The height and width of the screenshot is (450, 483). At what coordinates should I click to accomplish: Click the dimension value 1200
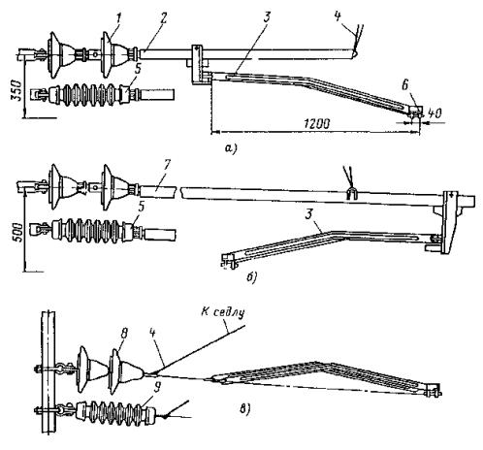(316, 124)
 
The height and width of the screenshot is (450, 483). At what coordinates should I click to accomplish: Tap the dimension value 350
(17, 90)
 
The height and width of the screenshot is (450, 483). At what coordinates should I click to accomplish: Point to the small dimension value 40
(435, 113)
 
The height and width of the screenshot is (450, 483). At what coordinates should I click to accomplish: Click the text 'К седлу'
(223, 313)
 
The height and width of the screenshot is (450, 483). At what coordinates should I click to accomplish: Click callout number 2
(163, 18)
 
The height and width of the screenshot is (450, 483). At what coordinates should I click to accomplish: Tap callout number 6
(405, 85)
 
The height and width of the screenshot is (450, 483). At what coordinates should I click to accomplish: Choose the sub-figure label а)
(231, 147)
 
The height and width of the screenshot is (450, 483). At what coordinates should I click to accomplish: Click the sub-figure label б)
(251, 276)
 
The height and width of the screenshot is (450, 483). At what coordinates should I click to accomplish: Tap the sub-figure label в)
(244, 408)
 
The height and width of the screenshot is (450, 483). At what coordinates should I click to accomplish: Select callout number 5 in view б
(141, 209)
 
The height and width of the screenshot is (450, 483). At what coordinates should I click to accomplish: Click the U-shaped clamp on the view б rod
(351, 194)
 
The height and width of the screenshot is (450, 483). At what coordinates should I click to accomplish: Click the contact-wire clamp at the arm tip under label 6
(414, 112)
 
